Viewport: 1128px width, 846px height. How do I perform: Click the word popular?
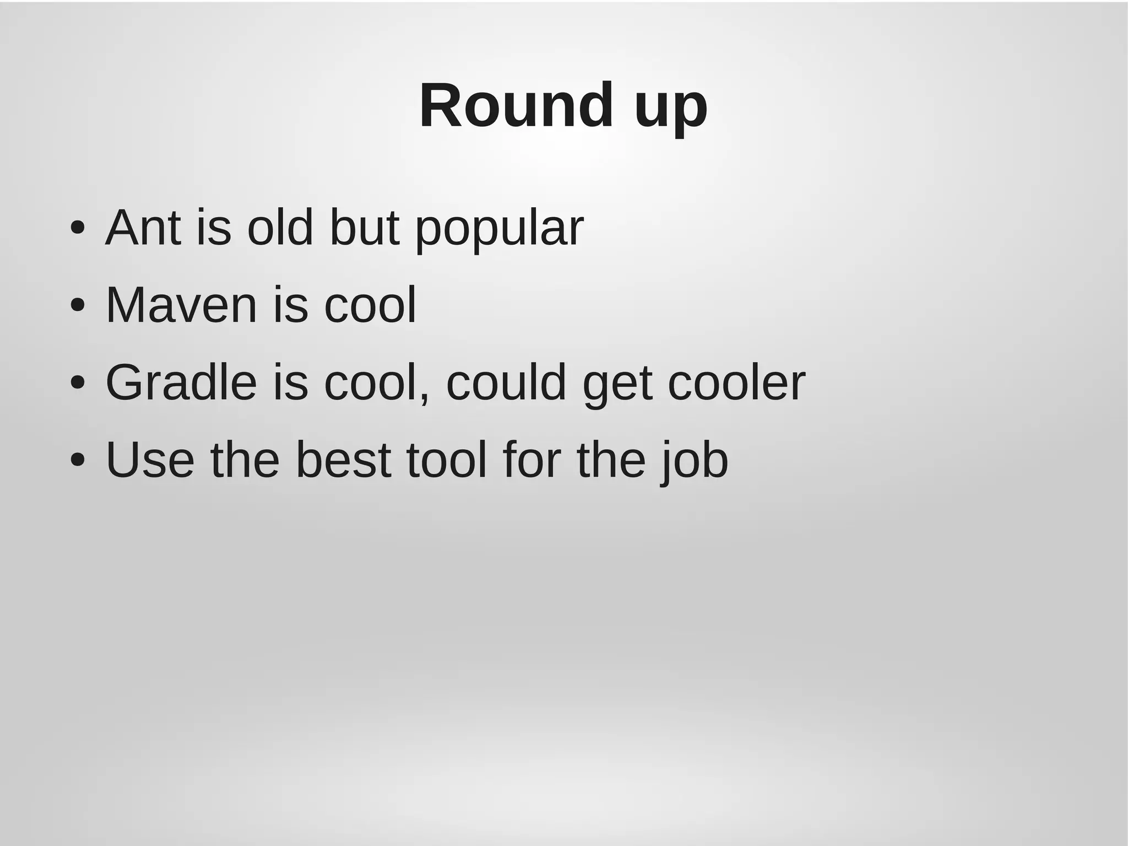pos(499,230)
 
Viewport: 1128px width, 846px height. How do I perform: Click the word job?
pos(695,462)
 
